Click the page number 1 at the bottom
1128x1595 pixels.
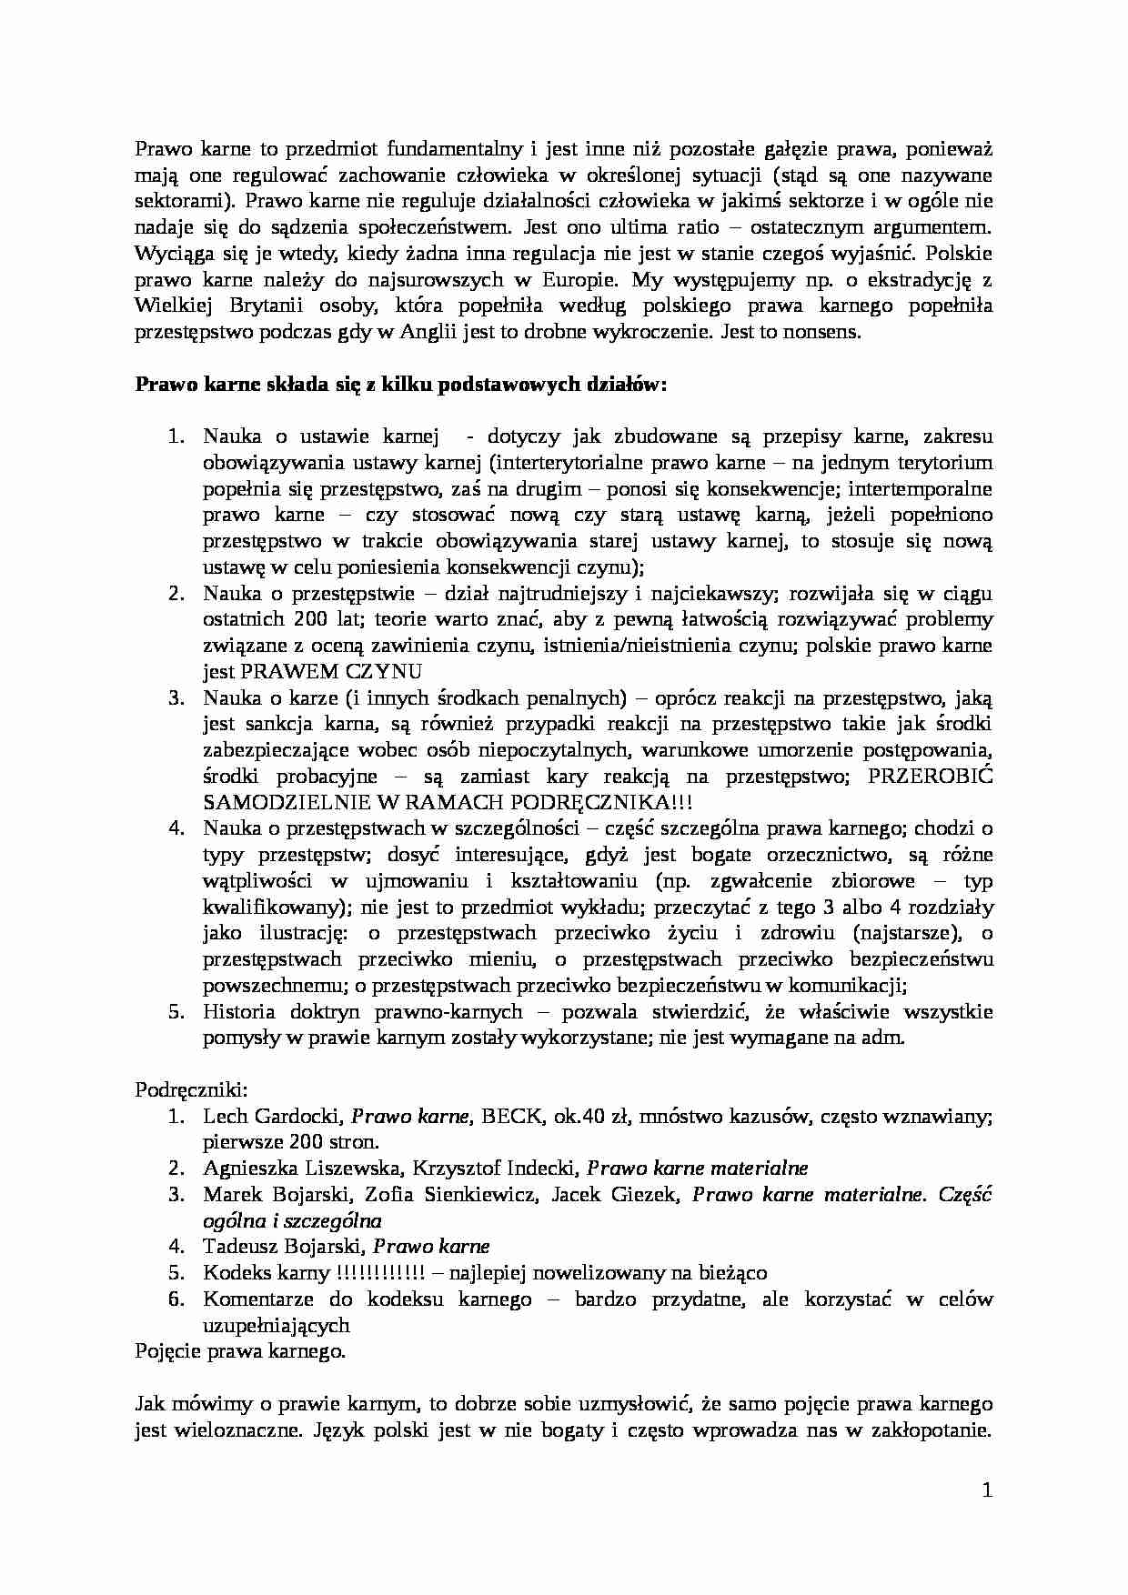pos(987,1490)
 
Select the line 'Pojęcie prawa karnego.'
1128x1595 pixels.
pos(241,1351)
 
